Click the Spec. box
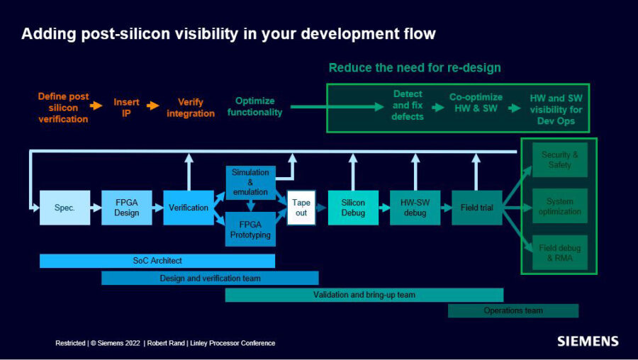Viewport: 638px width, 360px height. [65, 208]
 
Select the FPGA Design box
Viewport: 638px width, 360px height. [126, 208]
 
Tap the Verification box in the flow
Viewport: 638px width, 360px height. [189, 208]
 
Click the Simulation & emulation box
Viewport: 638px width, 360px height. [250, 182]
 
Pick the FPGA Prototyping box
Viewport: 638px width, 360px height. [250, 229]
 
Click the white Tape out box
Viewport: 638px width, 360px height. [301, 208]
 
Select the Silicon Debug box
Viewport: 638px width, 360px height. [353, 208]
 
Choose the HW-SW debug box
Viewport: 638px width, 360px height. [415, 208]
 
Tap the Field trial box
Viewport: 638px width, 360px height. [477, 208]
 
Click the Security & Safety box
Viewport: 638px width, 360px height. [560, 159]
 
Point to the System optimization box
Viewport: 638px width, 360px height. [560, 206]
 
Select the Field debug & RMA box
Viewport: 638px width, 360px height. [560, 253]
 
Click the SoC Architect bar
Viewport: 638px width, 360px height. [157, 261]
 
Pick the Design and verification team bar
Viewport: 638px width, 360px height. [210, 279]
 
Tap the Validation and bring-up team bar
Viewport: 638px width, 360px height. [364, 295]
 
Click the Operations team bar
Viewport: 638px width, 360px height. [513, 310]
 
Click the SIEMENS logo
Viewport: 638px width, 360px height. [588, 341]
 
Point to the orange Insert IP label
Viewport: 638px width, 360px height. [126, 108]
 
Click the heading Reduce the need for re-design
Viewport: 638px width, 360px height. [415, 68]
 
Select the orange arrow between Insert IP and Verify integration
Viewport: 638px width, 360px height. [152, 106]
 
